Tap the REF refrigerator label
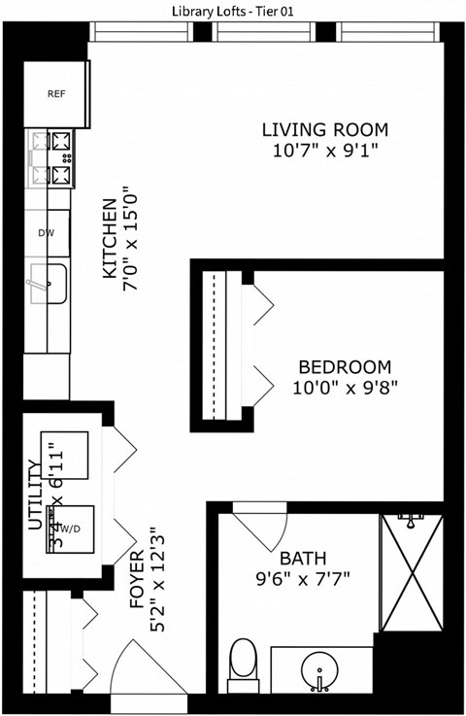coord(55,94)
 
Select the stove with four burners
coord(52,159)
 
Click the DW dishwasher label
coord(46,233)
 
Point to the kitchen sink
coord(46,282)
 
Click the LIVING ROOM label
coord(325,130)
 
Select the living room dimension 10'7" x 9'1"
coord(325,151)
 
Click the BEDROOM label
coord(344,367)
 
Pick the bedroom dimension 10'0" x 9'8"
coord(344,387)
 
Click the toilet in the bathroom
coord(241,663)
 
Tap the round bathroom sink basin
coord(321,670)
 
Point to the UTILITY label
coord(36,495)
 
